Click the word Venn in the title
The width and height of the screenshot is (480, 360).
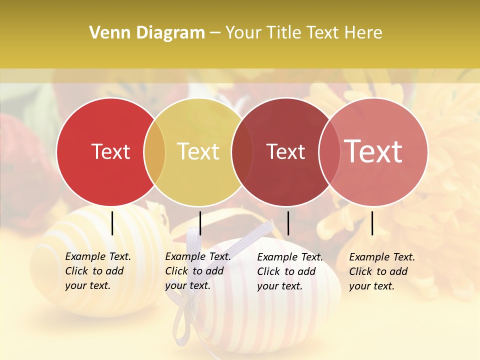click(106, 33)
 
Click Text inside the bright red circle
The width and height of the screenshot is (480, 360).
click(110, 152)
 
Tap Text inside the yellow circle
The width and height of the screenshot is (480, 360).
click(198, 152)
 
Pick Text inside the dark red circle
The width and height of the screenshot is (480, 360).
click(286, 152)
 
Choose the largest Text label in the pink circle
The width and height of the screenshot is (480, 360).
click(373, 151)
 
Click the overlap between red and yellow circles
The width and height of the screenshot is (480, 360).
click(154, 152)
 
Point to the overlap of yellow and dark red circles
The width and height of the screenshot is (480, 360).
click(242, 152)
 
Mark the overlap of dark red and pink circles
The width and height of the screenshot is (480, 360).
click(329, 152)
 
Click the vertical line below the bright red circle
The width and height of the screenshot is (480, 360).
click(112, 223)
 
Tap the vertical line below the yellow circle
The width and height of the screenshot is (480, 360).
click(200, 223)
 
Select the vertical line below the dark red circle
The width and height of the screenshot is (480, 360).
click(288, 223)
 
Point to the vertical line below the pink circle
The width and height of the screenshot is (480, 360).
click(372, 223)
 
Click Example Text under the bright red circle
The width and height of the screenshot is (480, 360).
click(98, 256)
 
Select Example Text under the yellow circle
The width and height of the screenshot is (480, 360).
click(198, 256)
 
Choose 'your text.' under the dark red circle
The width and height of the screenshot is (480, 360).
click(279, 286)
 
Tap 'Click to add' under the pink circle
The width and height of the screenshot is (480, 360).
click(378, 271)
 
